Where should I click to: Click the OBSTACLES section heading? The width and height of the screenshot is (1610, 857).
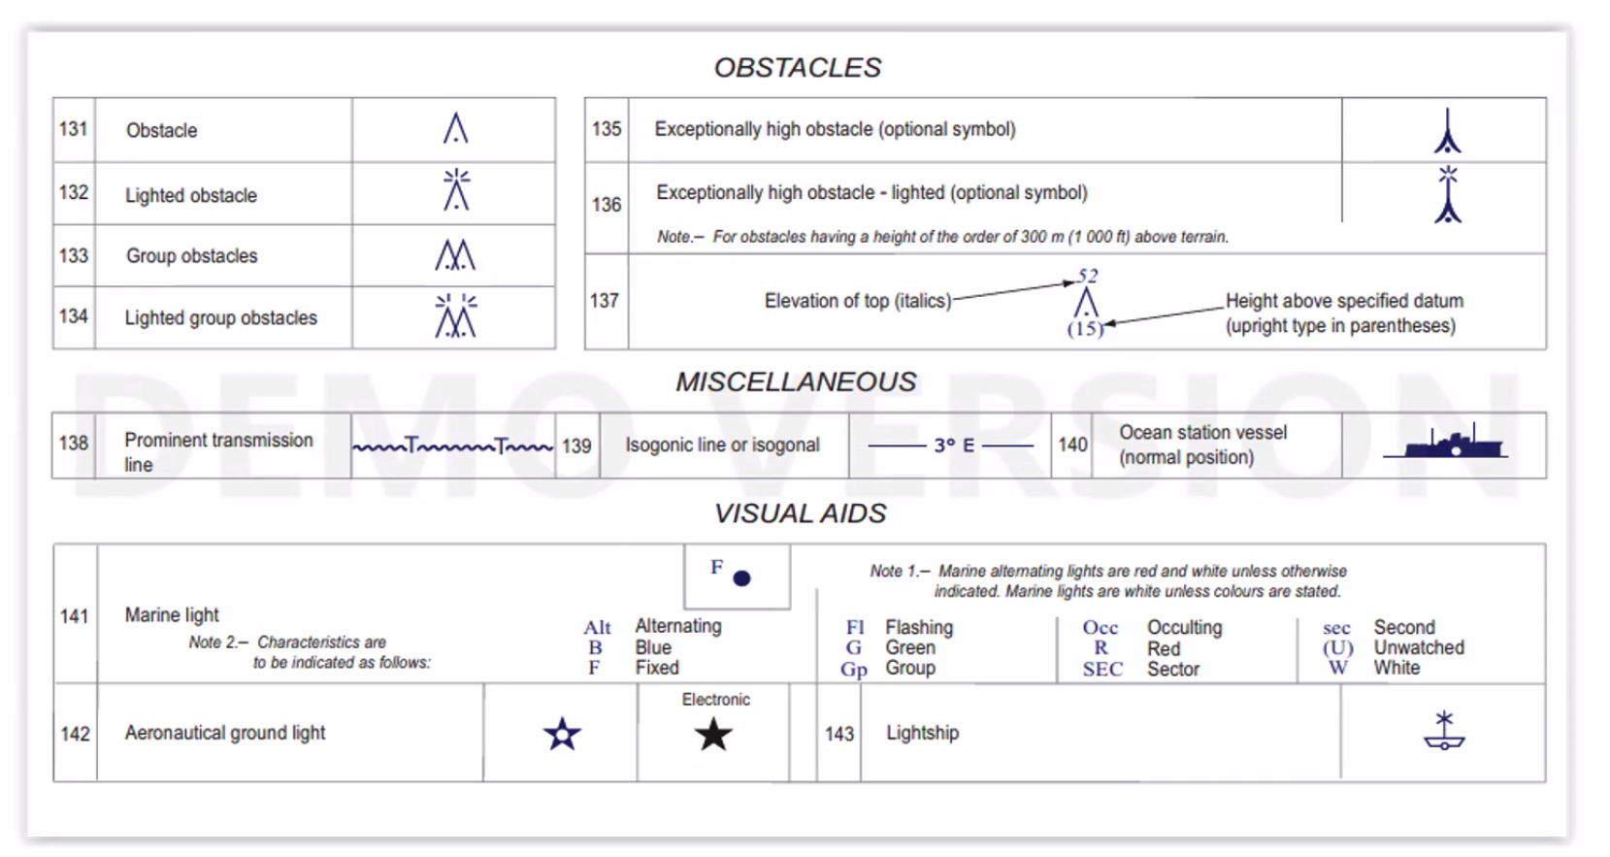(x=797, y=68)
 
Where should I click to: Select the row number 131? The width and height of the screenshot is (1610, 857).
(x=74, y=129)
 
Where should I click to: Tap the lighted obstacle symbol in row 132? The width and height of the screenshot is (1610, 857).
(x=456, y=190)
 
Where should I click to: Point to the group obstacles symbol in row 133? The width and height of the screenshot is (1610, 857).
(x=455, y=255)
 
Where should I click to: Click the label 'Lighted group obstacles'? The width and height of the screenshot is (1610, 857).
(x=220, y=318)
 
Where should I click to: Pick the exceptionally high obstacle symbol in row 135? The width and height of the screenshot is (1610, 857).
(x=1447, y=131)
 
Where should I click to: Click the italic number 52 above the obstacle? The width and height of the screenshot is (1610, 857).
(x=1087, y=277)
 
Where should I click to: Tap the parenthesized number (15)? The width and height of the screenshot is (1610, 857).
(x=1085, y=329)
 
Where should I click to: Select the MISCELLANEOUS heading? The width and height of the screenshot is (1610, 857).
(x=796, y=382)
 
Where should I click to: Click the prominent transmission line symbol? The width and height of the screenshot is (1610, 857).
(x=452, y=446)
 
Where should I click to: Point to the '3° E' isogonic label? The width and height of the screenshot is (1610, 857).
(x=953, y=445)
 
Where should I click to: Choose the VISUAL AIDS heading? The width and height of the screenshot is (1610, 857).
(x=800, y=513)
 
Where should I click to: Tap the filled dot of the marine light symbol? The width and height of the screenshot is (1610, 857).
(x=742, y=578)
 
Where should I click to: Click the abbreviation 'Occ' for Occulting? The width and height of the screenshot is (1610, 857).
(x=1101, y=628)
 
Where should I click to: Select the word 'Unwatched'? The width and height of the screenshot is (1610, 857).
(x=1418, y=647)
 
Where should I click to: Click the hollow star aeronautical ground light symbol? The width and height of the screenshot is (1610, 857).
(x=562, y=735)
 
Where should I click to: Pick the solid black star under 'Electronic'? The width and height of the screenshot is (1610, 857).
(x=713, y=735)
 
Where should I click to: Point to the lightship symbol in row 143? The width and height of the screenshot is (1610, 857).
(x=1444, y=731)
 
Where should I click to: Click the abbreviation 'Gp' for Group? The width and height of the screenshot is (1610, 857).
(x=854, y=669)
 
